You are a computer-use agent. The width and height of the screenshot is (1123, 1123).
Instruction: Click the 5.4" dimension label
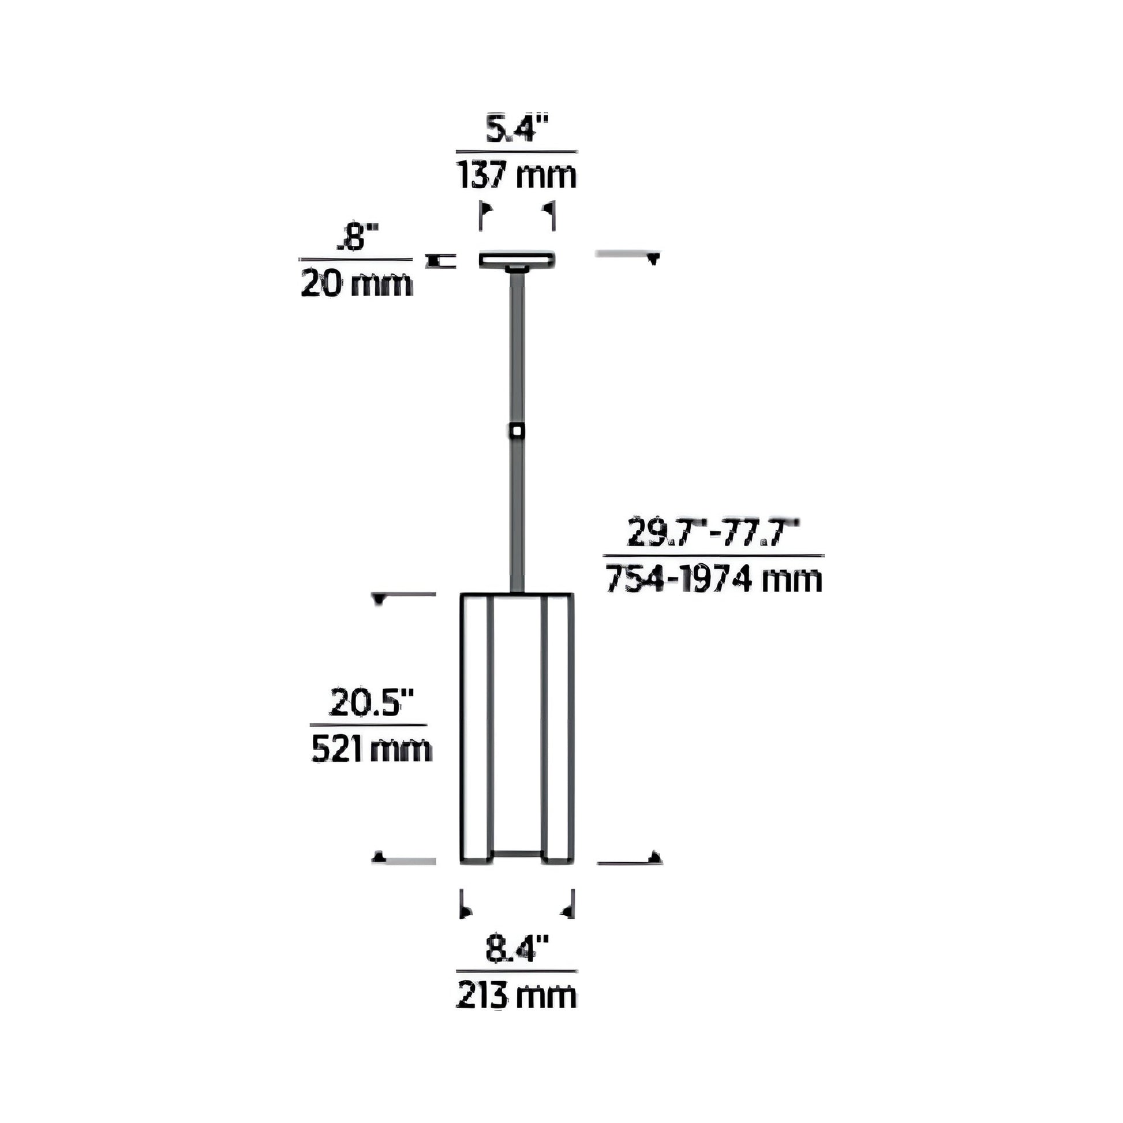[x=516, y=130]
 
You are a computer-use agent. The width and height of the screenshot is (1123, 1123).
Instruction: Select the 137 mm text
[x=516, y=175]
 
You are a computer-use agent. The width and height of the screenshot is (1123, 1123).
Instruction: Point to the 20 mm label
[x=356, y=285]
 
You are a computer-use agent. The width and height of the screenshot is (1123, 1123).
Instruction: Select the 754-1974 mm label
[x=714, y=579]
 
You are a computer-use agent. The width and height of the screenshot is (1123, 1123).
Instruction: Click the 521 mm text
[x=372, y=749]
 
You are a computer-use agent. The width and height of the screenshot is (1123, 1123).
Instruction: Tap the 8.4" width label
[x=516, y=949]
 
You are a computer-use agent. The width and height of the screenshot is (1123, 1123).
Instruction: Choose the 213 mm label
[x=516, y=995]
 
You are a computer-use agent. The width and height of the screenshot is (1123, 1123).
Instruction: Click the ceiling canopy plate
[x=516, y=259]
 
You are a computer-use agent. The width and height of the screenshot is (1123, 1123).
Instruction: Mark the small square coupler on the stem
[x=516, y=431]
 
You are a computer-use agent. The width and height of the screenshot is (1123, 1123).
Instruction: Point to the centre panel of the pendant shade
[x=516, y=721]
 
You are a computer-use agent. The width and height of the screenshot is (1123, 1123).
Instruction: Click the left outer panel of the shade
[x=477, y=727]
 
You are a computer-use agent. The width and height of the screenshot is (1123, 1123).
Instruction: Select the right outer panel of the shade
[x=557, y=727]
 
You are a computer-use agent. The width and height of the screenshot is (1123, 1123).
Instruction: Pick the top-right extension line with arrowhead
[x=628, y=254]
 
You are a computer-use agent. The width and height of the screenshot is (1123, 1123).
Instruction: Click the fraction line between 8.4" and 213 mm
[x=516, y=971]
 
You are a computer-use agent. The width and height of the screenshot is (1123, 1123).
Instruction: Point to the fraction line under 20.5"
[x=369, y=725]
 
